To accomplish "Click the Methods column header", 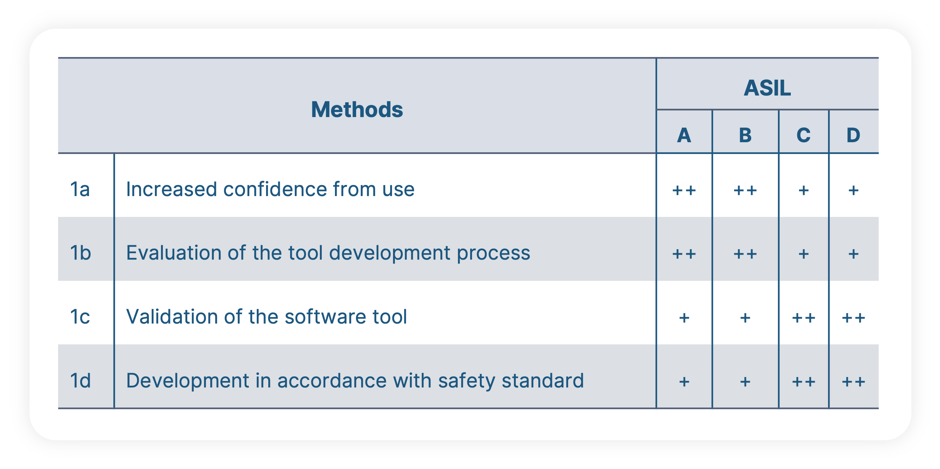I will click(356, 110).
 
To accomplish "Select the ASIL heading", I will click(767, 88).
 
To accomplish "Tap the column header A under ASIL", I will click(684, 135).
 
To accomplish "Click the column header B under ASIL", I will click(745, 135).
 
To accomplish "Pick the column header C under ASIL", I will click(803, 135).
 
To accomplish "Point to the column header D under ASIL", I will click(853, 135).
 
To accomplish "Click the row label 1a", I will click(80, 189).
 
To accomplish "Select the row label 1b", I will click(80, 253).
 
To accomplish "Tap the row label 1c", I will click(80, 317).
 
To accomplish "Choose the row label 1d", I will click(80, 381).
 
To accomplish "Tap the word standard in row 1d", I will click(543, 381).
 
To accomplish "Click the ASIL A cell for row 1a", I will click(684, 190).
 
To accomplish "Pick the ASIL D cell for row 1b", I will click(853, 254).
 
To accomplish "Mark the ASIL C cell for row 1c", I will click(803, 318).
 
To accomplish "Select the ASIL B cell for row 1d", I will click(745, 382).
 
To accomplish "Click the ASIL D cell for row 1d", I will click(853, 382).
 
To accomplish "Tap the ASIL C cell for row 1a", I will click(803, 190).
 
